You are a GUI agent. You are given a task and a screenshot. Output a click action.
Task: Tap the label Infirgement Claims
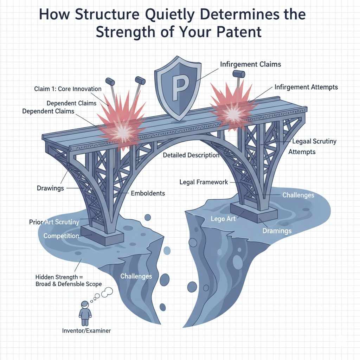pos(250,64)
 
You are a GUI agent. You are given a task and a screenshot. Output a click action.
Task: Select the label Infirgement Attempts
pos(306,87)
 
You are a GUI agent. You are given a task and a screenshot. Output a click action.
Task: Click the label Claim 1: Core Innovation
pos(68,89)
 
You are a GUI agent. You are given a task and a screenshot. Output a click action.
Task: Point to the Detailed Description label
pos(191,155)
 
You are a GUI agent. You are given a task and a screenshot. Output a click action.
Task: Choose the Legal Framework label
pos(204,182)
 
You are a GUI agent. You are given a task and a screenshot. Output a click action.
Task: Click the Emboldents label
pos(148,193)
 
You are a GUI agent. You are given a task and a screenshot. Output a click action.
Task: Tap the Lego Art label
pos(223,219)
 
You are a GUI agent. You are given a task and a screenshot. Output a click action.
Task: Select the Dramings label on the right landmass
pos(277,231)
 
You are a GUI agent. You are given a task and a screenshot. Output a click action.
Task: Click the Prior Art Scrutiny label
pos(54,222)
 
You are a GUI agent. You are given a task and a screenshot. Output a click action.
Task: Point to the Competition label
pos(61,236)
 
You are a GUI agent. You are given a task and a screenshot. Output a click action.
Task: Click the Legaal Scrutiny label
pos(314,141)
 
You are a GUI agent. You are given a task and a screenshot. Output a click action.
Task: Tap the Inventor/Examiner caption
pos(86,330)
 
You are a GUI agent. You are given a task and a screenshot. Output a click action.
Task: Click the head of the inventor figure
pos(85,304)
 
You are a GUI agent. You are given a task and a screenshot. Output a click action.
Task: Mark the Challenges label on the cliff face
pos(136,276)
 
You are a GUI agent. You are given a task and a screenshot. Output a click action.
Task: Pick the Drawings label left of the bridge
pos(50,188)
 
